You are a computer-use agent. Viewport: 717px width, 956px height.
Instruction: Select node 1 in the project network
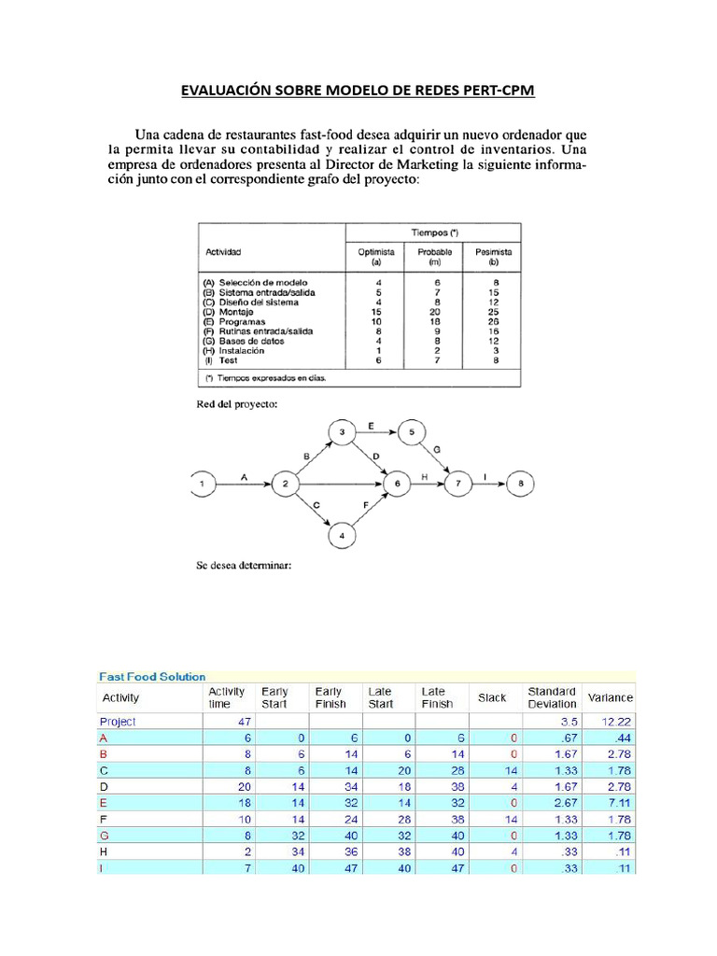tap(202, 484)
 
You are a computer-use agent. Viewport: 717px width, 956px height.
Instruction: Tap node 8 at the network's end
tap(521, 484)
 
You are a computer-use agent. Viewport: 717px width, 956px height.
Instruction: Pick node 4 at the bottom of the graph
tap(342, 536)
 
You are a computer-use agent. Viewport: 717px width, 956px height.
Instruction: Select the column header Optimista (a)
tap(376, 257)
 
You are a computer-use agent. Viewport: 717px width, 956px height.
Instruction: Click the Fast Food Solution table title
tap(152, 677)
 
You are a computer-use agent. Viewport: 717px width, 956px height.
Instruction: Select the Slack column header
tap(491, 697)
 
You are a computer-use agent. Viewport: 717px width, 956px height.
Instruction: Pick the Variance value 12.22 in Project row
tap(616, 722)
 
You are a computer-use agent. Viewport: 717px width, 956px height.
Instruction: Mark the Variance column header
tap(610, 697)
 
